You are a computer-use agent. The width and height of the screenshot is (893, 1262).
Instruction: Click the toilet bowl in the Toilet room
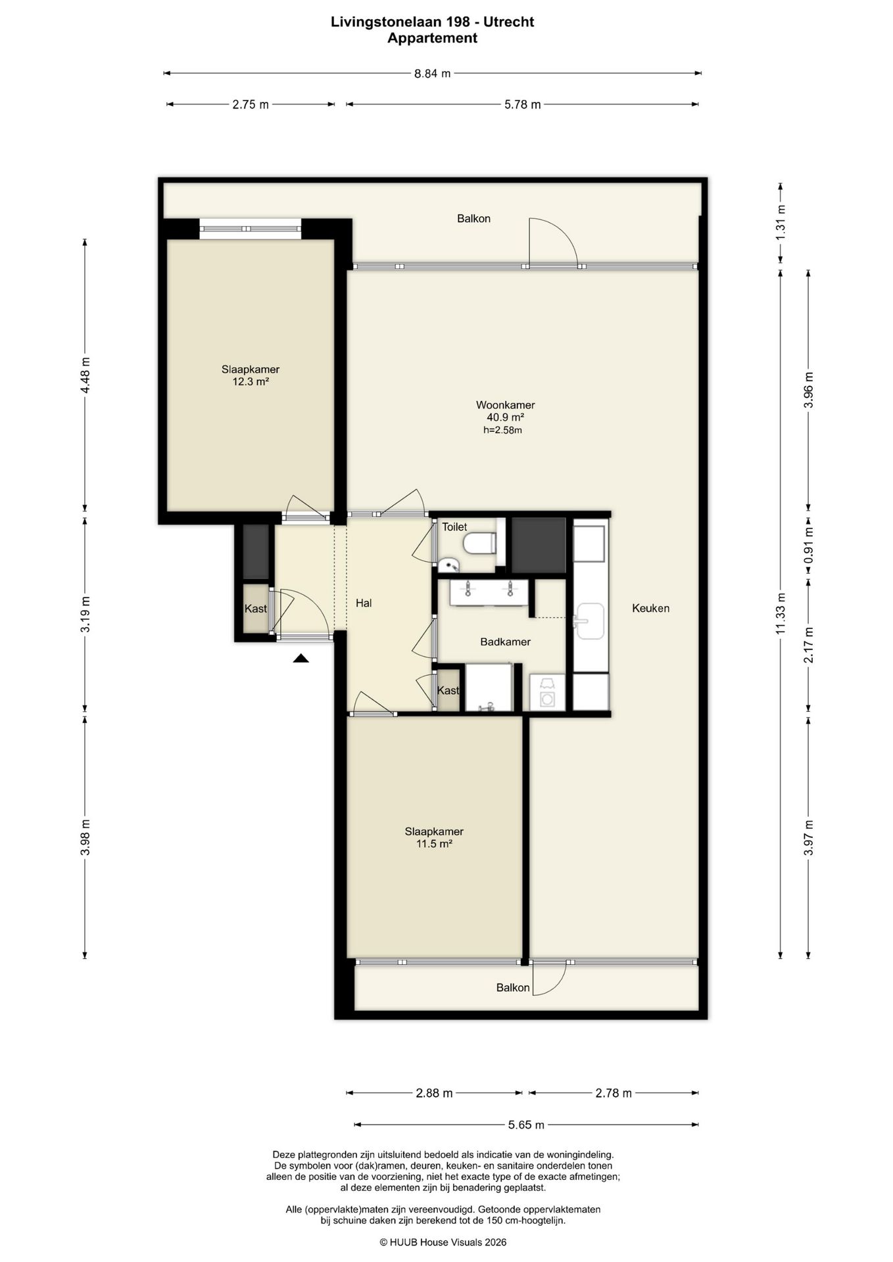tap(479, 544)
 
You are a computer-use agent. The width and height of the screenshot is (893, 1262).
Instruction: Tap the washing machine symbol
tap(547, 692)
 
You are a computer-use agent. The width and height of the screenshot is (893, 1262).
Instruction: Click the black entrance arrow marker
tap(301, 658)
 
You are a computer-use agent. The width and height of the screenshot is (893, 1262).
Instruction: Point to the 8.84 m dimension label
tap(432, 74)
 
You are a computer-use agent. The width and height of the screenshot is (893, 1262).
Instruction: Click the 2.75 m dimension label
tap(251, 105)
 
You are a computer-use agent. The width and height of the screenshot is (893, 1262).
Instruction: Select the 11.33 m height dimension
tap(781, 613)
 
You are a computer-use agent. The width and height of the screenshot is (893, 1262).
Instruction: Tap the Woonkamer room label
tap(505, 405)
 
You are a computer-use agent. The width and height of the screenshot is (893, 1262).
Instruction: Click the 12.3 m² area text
tap(251, 381)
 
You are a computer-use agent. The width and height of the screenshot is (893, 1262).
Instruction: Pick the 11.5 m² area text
tap(434, 844)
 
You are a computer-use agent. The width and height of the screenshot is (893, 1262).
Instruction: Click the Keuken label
tap(650, 608)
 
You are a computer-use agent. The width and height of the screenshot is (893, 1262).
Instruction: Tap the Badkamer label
tap(505, 642)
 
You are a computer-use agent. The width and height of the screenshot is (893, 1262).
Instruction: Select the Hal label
tap(364, 603)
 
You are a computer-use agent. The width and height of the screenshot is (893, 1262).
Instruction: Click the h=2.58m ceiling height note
tap(502, 431)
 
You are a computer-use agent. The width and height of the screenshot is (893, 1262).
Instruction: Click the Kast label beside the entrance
tap(256, 609)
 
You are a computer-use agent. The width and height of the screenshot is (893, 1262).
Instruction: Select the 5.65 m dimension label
tap(526, 1125)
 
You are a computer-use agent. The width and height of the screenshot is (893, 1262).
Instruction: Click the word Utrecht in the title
tap(509, 22)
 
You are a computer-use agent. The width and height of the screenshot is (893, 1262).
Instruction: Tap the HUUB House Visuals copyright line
tap(443, 1242)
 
